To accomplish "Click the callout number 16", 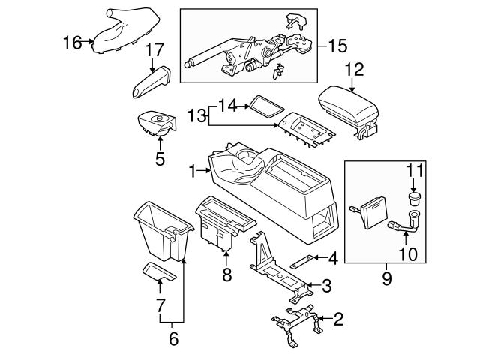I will [x=72, y=43].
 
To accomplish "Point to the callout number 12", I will [x=354, y=70].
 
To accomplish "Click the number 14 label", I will [x=226, y=106].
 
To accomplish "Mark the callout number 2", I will [x=337, y=320].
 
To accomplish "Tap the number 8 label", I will [x=226, y=276].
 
